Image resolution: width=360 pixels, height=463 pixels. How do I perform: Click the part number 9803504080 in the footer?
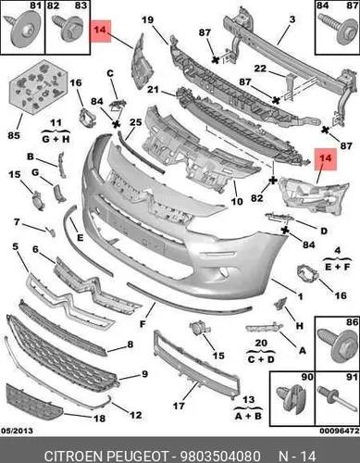pos(220,456)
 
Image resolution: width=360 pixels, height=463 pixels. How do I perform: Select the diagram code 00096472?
pos(340,431)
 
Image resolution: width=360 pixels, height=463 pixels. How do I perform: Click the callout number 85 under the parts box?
pos(14,135)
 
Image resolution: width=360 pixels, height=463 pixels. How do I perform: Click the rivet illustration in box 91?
pos(334,397)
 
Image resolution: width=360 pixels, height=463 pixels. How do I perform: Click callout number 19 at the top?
pos(148,19)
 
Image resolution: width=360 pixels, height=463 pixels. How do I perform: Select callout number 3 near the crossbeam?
pos(292,19)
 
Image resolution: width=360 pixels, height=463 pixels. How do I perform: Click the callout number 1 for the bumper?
pos(300,296)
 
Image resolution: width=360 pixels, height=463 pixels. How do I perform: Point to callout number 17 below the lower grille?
pos(179,406)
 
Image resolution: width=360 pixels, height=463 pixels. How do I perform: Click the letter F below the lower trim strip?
pos(143,324)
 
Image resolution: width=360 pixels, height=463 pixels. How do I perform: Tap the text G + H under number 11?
pos(56,139)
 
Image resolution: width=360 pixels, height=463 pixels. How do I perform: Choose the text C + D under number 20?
pos(261,359)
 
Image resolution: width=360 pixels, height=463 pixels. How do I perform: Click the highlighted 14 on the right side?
pos(326,158)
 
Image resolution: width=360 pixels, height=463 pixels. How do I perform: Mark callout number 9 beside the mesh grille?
pos(144,374)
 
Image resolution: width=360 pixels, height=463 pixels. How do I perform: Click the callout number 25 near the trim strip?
pos(135,122)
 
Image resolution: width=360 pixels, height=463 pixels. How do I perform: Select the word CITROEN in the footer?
pos(73,456)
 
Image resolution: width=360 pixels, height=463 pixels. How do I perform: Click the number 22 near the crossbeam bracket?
pos(260,69)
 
